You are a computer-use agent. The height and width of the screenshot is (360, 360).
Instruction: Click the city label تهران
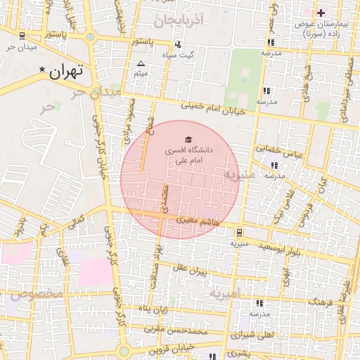pyautogui.click(x=67, y=70)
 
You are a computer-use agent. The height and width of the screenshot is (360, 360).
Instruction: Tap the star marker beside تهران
pyautogui.click(x=43, y=70)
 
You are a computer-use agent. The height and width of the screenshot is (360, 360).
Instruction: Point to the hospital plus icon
pyautogui.click(x=321, y=13)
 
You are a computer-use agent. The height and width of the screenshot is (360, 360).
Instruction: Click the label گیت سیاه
pyautogui.click(x=178, y=54)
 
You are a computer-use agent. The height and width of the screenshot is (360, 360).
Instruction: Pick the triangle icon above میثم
pyautogui.click(x=141, y=64)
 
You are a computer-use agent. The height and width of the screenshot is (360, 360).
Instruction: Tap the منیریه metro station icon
pyautogui.click(x=240, y=231)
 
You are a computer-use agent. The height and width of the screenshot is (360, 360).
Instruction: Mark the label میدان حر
pyautogui.click(x=20, y=47)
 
